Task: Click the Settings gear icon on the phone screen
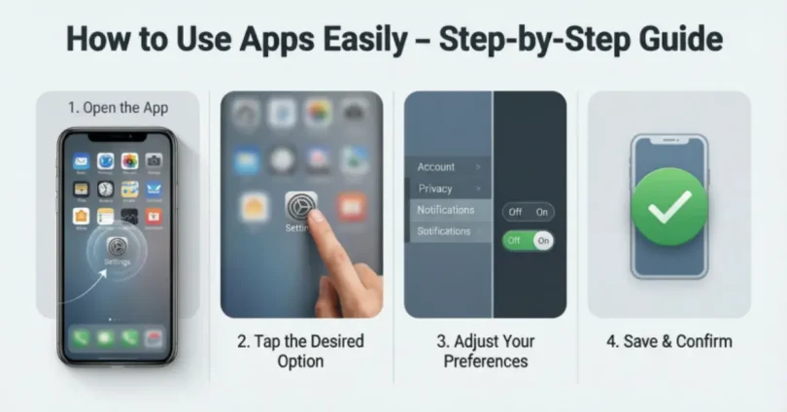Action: (118, 247)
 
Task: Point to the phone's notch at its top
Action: (117, 138)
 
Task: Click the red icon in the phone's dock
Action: (154, 338)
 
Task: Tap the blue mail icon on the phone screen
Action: (82, 161)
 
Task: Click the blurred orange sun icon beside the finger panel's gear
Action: (255, 207)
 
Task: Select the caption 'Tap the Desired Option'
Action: (302, 352)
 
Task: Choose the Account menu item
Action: (436, 167)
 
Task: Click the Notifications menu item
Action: (446, 210)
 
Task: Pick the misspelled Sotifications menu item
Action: (444, 231)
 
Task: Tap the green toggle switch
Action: (528, 240)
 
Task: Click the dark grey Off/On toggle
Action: (528, 211)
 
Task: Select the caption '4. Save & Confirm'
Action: (669, 341)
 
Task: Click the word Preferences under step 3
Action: (486, 361)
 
